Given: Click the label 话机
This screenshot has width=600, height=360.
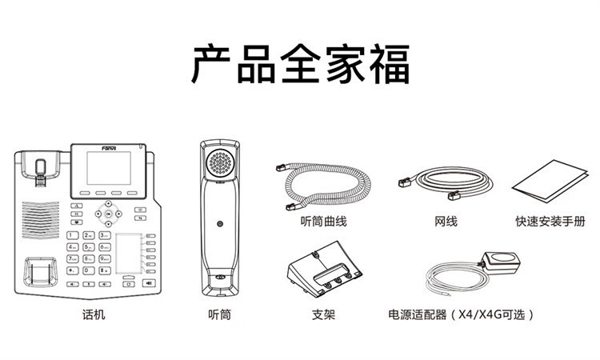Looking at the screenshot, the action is [x=94, y=314].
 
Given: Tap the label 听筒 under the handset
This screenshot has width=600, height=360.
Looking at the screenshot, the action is [x=219, y=314].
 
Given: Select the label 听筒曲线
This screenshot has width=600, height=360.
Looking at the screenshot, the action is [x=323, y=220].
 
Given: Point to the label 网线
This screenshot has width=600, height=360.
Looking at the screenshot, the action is [x=446, y=220].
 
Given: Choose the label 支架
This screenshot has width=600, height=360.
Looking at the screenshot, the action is [x=323, y=314].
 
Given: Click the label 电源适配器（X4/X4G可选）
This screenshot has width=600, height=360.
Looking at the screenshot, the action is [x=460, y=314].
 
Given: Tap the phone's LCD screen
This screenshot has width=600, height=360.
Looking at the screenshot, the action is [x=111, y=169].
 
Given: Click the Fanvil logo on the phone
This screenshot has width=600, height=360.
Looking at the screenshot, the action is [x=83, y=146].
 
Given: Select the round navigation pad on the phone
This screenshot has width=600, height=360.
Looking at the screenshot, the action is [x=108, y=213].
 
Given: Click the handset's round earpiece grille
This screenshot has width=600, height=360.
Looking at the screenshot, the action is [x=220, y=165].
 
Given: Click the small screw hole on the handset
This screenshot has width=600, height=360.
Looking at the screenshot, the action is [x=219, y=223].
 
